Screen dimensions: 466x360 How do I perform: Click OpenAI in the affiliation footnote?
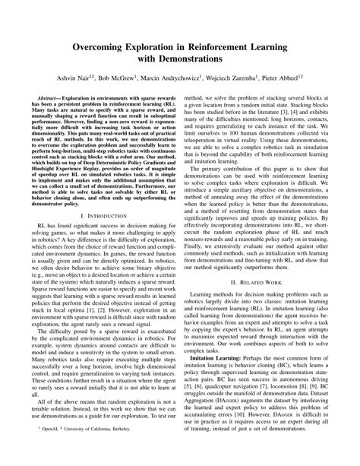pyautogui.click(x=52, y=450)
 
